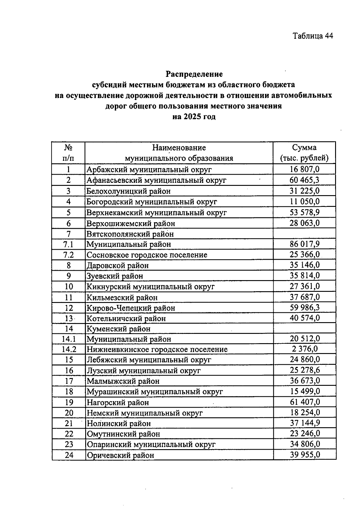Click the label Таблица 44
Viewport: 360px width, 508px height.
point(313,36)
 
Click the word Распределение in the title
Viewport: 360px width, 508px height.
point(194,74)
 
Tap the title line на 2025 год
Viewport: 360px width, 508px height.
point(194,117)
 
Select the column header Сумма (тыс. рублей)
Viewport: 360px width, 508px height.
point(304,153)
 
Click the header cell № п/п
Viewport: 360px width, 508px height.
point(68,153)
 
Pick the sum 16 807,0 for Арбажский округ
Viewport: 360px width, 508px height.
point(304,169)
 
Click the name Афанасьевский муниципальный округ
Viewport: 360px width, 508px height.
point(156,180)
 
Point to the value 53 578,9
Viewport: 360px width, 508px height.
point(304,213)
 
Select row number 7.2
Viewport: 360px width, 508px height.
point(69,255)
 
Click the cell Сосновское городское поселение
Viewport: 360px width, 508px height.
point(147,255)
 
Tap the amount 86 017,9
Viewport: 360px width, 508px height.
point(304,244)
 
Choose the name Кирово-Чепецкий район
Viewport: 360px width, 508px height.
point(131,308)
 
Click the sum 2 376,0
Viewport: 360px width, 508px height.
point(304,349)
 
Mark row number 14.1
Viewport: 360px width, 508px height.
point(69,339)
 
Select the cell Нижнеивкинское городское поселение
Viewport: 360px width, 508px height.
point(157,349)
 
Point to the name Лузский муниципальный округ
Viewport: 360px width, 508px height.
point(143,371)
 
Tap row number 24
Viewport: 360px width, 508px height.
point(69,455)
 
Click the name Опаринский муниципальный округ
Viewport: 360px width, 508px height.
point(151,444)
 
